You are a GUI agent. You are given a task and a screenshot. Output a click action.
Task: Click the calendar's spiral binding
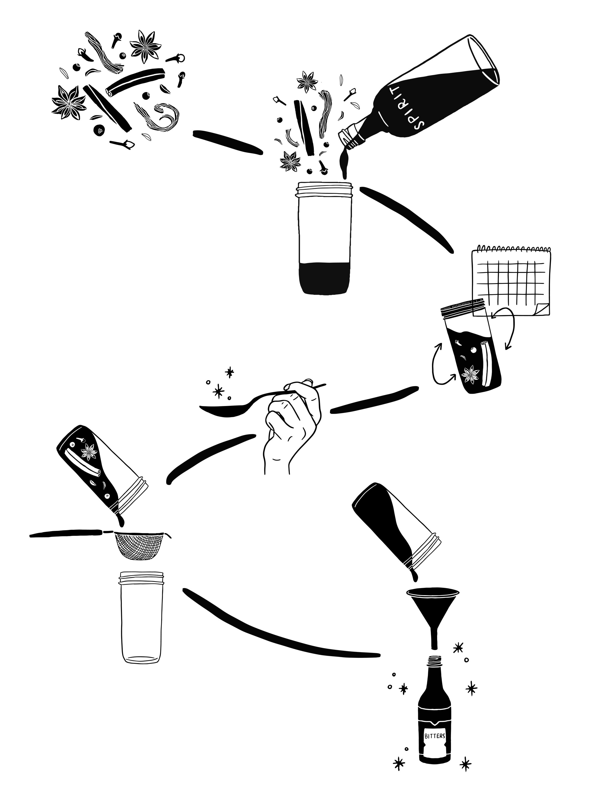511,248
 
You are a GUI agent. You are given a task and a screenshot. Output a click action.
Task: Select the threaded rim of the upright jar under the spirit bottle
324,190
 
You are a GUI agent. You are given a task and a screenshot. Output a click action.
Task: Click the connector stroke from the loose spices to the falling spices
227,143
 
